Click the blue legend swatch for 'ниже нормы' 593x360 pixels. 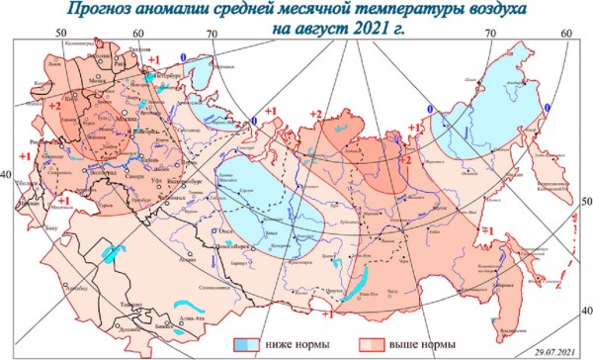[x=243, y=344]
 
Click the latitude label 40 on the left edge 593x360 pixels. [x=6, y=174]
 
